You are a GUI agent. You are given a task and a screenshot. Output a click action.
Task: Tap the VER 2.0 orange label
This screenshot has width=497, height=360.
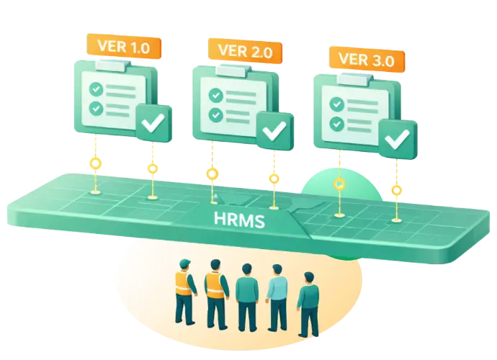tap(243, 51)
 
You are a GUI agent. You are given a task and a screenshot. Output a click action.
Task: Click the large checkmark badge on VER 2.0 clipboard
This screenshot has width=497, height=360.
tap(274, 130)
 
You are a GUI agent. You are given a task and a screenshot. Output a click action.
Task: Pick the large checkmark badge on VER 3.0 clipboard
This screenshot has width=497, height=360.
tap(397, 139)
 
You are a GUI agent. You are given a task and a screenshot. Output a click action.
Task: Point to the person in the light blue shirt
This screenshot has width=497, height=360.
tap(277, 295)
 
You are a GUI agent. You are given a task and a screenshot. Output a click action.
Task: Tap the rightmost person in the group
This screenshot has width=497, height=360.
tap(308, 302)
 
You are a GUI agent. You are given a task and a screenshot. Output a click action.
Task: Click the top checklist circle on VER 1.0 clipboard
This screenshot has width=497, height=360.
tap(94, 89)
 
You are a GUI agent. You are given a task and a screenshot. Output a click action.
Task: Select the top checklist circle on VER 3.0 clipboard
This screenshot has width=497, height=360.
tap(336, 104)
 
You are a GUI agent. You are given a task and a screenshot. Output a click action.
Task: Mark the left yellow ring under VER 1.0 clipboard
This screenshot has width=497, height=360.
tap(94, 165)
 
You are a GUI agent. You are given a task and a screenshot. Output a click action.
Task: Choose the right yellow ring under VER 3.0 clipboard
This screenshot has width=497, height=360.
tap(396, 191)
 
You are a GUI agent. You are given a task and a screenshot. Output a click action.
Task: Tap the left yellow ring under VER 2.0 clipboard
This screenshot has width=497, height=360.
tap(212, 174)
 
